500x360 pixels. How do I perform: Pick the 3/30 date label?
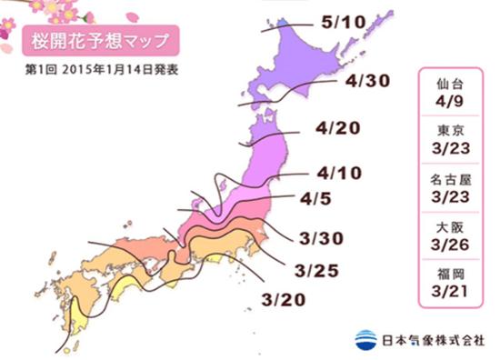(318, 239)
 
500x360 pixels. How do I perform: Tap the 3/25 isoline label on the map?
(314, 269)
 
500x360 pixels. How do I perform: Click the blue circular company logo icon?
(365, 338)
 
